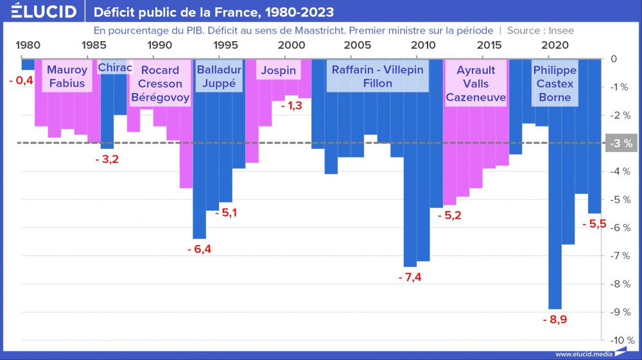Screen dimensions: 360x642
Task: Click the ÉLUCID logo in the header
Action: (44, 12)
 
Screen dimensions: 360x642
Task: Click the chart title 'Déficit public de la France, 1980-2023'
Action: (213, 12)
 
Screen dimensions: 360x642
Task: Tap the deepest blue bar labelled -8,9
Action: (555, 193)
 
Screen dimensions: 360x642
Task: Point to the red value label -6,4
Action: (199, 249)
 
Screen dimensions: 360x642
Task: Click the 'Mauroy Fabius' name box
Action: (67, 76)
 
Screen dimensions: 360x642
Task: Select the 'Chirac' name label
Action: (115, 68)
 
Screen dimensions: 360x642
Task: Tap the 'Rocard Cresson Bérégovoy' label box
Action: (160, 83)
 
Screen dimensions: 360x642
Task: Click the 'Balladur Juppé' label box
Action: (219, 76)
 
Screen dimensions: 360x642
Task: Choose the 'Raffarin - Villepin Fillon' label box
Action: (377, 76)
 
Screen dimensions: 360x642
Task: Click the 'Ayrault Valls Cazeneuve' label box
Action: (476, 83)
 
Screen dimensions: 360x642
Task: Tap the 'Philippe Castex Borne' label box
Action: (555, 83)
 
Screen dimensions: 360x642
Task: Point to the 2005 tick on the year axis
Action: (358, 46)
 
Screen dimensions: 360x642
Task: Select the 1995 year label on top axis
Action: (225, 46)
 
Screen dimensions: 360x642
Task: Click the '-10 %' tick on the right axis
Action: (621, 340)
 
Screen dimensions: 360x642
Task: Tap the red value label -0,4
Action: (21, 80)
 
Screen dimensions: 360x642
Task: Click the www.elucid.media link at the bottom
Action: (581, 354)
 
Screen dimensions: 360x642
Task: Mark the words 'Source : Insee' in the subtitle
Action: (541, 30)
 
